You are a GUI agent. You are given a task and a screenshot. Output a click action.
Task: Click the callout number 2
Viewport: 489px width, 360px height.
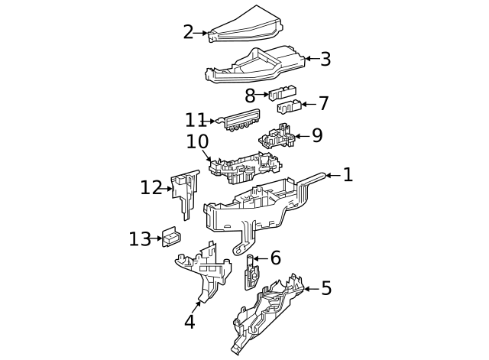pyautogui.click(x=188, y=32)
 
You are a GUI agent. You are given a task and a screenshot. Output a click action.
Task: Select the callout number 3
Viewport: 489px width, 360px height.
pyautogui.click(x=325, y=60)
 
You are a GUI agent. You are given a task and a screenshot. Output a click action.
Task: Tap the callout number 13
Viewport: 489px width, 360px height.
pyautogui.click(x=140, y=239)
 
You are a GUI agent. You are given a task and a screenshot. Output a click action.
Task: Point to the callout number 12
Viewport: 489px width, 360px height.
pyautogui.click(x=151, y=187)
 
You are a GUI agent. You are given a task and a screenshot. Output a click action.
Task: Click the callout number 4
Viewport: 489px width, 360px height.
pyautogui.click(x=189, y=322)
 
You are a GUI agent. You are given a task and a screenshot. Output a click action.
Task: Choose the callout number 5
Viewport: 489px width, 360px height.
pyautogui.click(x=326, y=288)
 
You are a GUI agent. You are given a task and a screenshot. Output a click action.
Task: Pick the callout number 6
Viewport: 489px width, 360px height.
pyautogui.click(x=275, y=258)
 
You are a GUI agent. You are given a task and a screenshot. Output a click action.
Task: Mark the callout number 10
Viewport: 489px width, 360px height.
pyautogui.click(x=197, y=142)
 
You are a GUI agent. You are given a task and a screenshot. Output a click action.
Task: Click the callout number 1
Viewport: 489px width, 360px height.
pyautogui.click(x=348, y=175)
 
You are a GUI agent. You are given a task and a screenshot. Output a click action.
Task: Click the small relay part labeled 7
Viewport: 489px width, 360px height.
pyautogui.click(x=289, y=107)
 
